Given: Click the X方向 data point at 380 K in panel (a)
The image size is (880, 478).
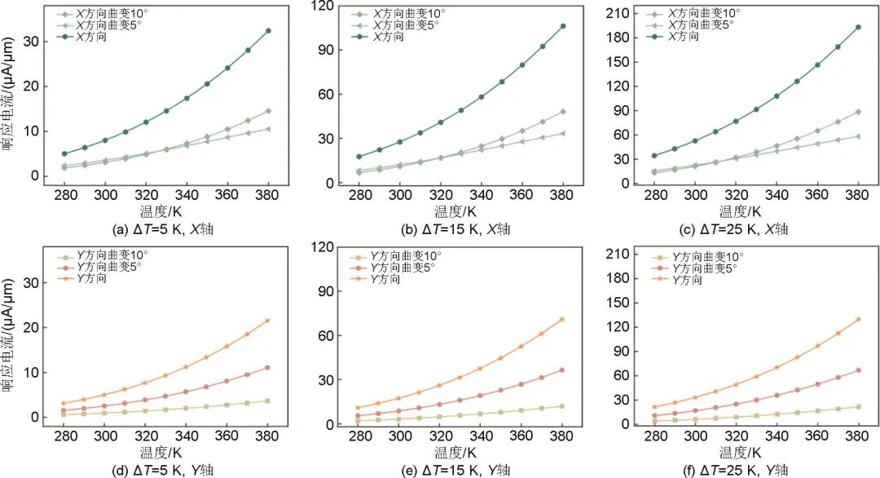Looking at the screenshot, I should coord(268,31).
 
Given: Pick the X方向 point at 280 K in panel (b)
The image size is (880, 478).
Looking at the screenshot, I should coord(359,157).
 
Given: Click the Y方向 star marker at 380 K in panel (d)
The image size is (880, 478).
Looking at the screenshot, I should coord(268,321).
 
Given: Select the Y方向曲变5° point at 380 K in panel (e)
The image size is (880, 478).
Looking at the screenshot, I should coord(561,370).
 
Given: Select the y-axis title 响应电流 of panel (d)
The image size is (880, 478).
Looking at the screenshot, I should coord(10,334).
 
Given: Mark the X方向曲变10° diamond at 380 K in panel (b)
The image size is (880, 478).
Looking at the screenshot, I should coord(561,112).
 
